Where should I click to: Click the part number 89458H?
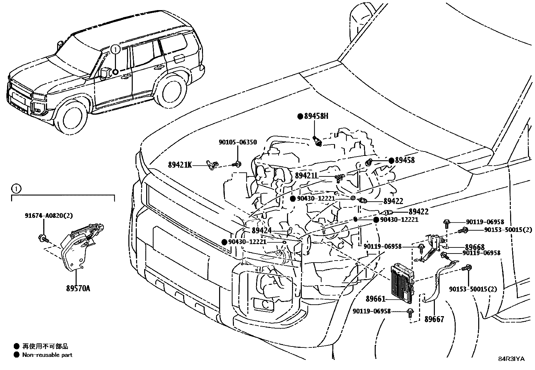point(316,116)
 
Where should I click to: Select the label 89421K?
point(180,165)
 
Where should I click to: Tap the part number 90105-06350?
point(238,142)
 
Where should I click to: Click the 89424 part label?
point(261,231)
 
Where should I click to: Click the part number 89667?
point(434,319)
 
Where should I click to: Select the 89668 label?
point(475,247)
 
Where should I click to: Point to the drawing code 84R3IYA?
point(511,359)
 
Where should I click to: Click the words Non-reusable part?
point(47,355)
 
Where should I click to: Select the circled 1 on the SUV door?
point(115,50)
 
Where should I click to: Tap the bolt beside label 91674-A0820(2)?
point(43,238)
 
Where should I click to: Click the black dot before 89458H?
point(300,116)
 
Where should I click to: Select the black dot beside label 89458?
point(391,161)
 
